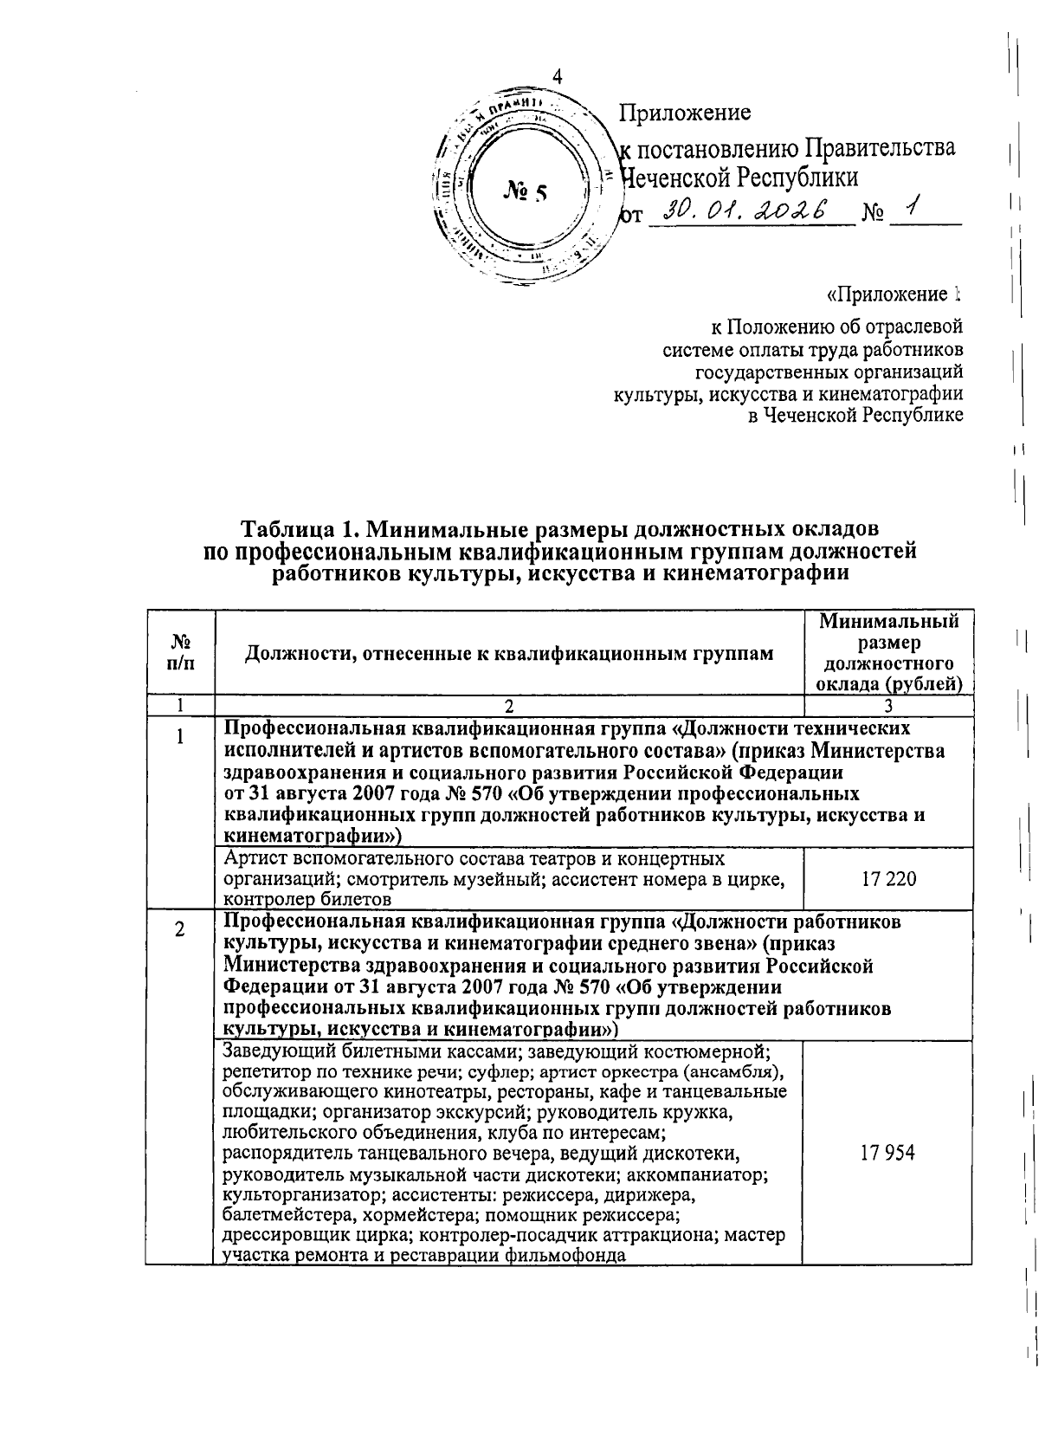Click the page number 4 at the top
tap(558, 76)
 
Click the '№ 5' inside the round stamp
tap(525, 192)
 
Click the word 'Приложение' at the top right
tap(684, 113)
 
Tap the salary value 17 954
tap(888, 1153)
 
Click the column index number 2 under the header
tap(507, 705)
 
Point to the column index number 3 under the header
tap(888, 705)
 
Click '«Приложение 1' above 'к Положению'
tap(894, 295)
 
